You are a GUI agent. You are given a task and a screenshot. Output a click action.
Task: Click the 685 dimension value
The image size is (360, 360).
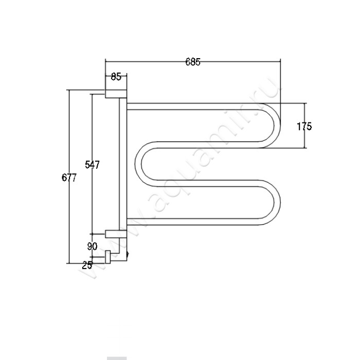(x=193, y=62)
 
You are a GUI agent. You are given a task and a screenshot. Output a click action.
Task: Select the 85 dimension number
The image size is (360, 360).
(x=116, y=77)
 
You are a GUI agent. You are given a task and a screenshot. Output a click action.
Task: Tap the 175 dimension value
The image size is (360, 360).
(x=304, y=127)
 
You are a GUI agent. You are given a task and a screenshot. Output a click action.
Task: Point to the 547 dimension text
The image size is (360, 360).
(x=92, y=165)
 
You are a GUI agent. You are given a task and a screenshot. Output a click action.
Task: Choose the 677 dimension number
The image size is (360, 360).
(x=69, y=177)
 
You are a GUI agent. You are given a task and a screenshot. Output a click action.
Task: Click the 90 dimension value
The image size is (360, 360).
(x=92, y=246)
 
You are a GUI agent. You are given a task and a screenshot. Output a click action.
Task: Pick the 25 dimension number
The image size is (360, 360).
(x=87, y=265)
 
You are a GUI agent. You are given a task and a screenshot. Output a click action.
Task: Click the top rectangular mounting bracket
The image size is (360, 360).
(x=116, y=94)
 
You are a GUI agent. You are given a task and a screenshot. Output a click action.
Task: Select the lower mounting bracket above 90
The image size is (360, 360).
(x=116, y=233)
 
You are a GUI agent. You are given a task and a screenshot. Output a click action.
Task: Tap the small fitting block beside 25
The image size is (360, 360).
(x=107, y=257)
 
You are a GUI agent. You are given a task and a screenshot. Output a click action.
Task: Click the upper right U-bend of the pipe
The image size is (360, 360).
(x=276, y=125)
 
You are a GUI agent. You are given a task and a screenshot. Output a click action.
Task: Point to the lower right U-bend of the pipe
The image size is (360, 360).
(x=276, y=203)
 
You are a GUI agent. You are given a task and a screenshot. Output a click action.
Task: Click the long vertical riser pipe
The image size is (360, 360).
(x=123, y=164)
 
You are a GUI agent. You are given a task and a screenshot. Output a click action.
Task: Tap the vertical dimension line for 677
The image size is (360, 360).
(x=69, y=176)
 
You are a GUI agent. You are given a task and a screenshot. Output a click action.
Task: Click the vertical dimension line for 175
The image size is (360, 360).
(x=304, y=125)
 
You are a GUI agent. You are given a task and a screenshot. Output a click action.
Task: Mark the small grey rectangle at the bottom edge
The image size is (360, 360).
(x=117, y=358)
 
